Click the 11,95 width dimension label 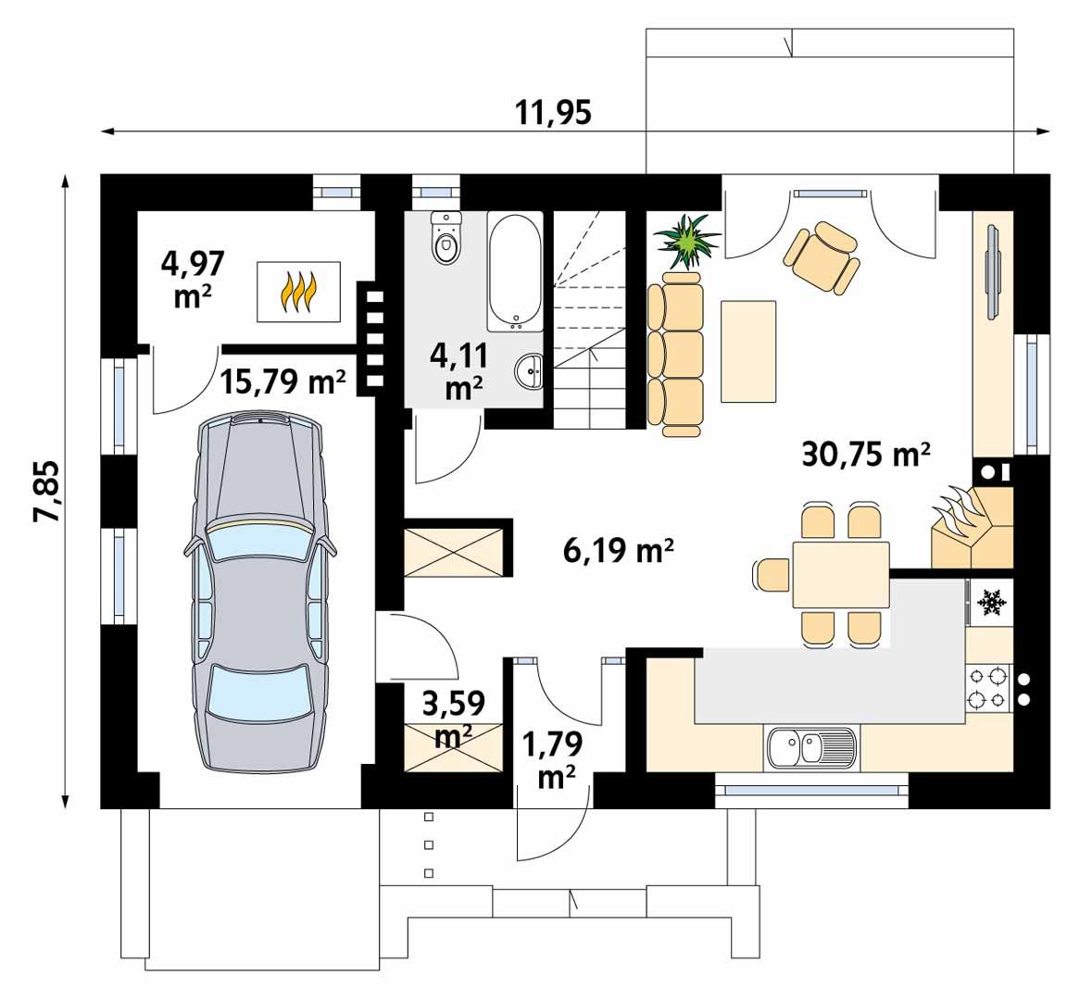tap(553, 111)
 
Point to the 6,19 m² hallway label tap(618, 552)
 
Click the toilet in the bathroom tap(446, 238)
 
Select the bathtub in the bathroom tap(515, 270)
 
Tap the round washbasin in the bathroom tap(531, 371)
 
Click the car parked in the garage tap(261, 593)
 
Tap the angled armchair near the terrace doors tap(821, 256)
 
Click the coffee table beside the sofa tap(748, 351)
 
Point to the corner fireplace tap(971, 528)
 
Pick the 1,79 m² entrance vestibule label tap(553, 759)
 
